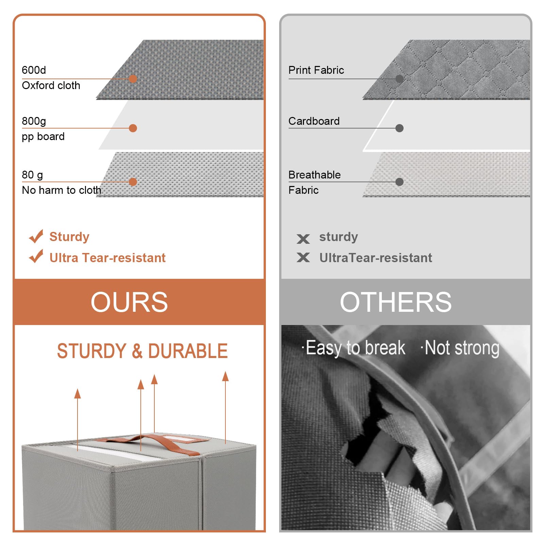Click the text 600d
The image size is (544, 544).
[34, 70]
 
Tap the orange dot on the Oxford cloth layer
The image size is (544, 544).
[133, 79]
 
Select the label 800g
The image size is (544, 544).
[34, 121]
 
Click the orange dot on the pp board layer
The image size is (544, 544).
[133, 128]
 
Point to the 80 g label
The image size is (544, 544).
[32, 175]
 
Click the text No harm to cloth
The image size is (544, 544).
[62, 190]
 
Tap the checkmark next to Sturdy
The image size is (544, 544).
[36, 236]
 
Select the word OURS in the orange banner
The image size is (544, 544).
[129, 302]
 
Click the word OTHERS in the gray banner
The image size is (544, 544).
[396, 302]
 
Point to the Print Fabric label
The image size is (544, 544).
[316, 70]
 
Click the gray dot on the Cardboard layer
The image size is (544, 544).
[400, 128]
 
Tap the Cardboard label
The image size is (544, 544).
[314, 121]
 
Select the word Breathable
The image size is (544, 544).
[314, 175]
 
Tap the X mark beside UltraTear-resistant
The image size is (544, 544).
[303, 257]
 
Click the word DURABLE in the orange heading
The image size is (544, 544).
[188, 351]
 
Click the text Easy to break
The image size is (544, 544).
[355, 348]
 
